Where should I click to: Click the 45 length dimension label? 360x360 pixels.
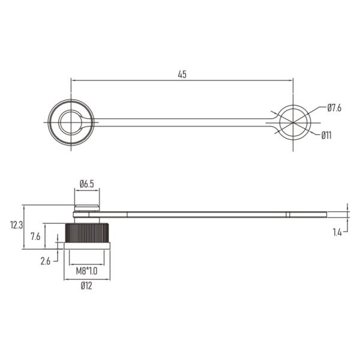pyautogui.click(x=182, y=74)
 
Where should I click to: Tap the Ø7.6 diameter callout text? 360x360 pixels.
pyautogui.click(x=334, y=108)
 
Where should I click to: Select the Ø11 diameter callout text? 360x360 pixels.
pyautogui.click(x=326, y=136)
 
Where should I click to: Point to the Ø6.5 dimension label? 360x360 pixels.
pyautogui.click(x=87, y=184)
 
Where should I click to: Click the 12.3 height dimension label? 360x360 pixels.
pyautogui.click(x=17, y=225)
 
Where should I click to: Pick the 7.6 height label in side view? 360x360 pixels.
pyautogui.click(x=35, y=236)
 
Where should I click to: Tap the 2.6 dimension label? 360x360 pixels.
pyautogui.click(x=45, y=261)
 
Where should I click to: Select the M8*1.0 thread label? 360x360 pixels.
pyautogui.click(x=86, y=271)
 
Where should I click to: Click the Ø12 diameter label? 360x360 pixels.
pyautogui.click(x=86, y=286)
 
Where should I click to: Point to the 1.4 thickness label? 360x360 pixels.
pyautogui.click(x=337, y=233)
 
